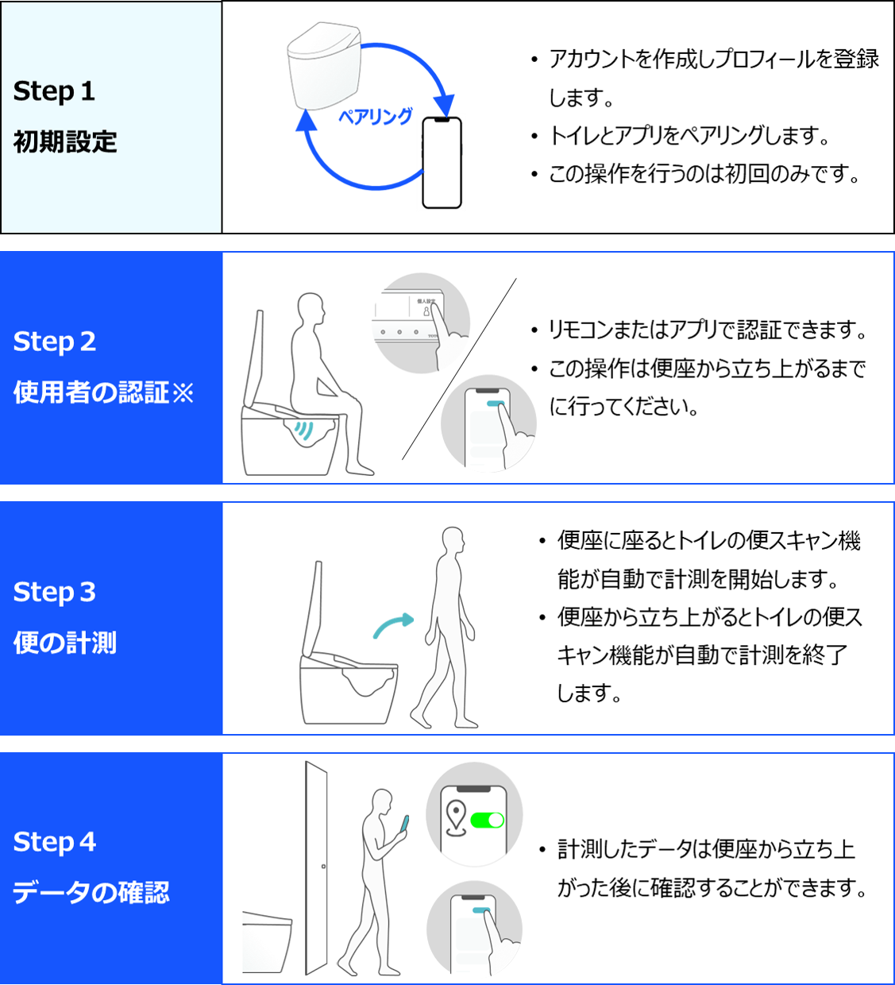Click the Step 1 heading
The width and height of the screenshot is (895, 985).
pyautogui.click(x=54, y=92)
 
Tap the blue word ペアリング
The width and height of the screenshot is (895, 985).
pyautogui.click(x=376, y=117)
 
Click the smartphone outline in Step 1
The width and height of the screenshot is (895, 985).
pyautogui.click(x=442, y=163)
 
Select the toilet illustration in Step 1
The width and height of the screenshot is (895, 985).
pyautogui.click(x=324, y=66)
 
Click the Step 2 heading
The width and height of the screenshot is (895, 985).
pyautogui.click(x=55, y=342)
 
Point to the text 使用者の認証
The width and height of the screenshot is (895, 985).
pyautogui.click(x=91, y=392)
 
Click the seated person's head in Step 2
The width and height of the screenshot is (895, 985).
pyautogui.click(x=311, y=308)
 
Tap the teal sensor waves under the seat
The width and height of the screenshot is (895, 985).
pyautogui.click(x=304, y=430)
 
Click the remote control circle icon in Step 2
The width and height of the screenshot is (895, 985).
pyautogui.click(x=421, y=323)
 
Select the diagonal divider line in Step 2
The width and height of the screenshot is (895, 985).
pyautogui.click(x=459, y=369)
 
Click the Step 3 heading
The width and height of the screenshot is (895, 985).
pyautogui.click(x=55, y=592)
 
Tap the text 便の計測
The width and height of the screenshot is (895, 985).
pyautogui.click(x=65, y=643)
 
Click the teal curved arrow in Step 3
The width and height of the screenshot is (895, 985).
pyautogui.click(x=393, y=625)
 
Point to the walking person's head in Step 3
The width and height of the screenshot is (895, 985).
pyautogui.click(x=453, y=540)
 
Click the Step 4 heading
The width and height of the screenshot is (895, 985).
pyautogui.click(x=55, y=843)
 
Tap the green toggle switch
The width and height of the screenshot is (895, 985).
pyautogui.click(x=487, y=821)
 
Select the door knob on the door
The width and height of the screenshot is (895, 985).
pyautogui.click(x=323, y=866)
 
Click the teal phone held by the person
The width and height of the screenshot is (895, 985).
pyautogui.click(x=406, y=825)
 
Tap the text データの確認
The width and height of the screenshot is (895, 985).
pyautogui.click(x=91, y=893)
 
